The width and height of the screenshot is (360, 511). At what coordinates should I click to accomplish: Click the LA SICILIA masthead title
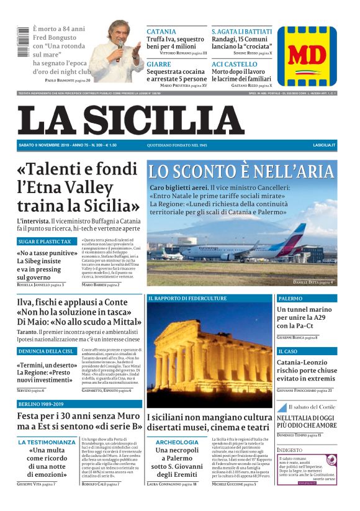pyautogui.click(x=130, y=120)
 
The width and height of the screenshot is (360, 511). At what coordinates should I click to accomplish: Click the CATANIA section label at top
pyautogui.click(x=161, y=31)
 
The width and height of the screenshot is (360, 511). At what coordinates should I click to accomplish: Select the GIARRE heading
pyautogui.click(x=159, y=64)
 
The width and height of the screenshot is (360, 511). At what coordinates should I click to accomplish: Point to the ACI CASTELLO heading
pyautogui.click(x=234, y=64)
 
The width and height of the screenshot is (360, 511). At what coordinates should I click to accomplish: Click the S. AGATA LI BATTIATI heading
pyautogui.click(x=241, y=31)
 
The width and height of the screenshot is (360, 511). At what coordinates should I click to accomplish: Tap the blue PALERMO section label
pyautogui.click(x=290, y=298)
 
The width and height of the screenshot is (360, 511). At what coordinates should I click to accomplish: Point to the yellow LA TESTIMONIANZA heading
pyautogui.click(x=47, y=442)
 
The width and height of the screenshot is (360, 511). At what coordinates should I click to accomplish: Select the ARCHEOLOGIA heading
pyautogui.click(x=177, y=442)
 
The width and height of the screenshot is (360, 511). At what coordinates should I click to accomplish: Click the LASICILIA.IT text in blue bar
pyautogui.click(x=324, y=145)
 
